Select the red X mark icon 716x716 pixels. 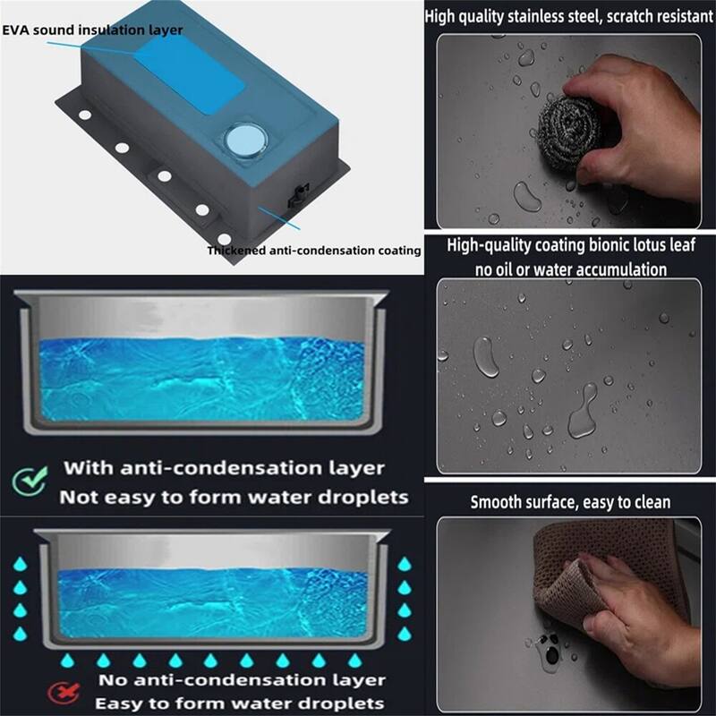(64, 693)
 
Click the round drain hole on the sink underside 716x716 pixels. (245, 140)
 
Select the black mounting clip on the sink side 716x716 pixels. (299, 195)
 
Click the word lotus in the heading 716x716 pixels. (640, 245)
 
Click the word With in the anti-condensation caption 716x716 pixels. (88, 468)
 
